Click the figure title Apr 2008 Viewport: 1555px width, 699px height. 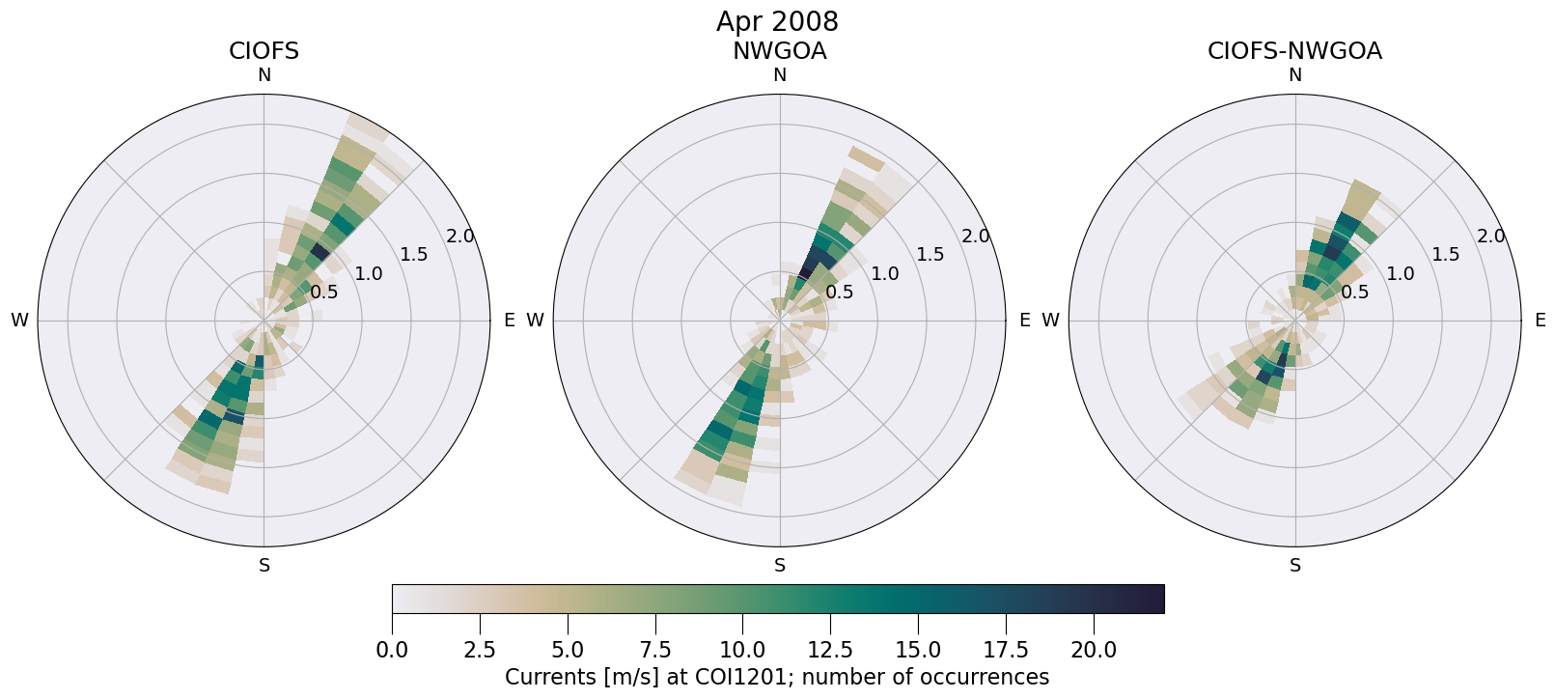[777, 21]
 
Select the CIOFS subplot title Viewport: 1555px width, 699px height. [264, 51]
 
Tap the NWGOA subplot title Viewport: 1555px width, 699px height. [779, 51]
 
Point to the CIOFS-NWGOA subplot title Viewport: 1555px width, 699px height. [1294, 51]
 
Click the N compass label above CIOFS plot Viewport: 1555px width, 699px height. [264, 75]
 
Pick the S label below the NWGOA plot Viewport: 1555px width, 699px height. [780, 566]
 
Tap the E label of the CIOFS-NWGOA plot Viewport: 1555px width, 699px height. [1540, 321]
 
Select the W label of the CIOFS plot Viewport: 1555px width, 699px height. [19, 321]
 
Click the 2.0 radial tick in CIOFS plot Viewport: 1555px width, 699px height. [460, 237]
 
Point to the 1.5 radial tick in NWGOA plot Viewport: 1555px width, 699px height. [930, 255]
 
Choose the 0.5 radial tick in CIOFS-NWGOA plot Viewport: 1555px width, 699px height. [1355, 292]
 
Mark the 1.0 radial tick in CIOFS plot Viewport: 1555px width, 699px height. [369, 274]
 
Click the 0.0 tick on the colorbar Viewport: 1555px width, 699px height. [392, 650]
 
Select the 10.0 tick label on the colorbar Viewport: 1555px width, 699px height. [742, 650]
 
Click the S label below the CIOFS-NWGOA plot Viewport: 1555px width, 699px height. [1295, 566]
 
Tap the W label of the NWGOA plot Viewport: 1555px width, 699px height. [535, 321]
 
